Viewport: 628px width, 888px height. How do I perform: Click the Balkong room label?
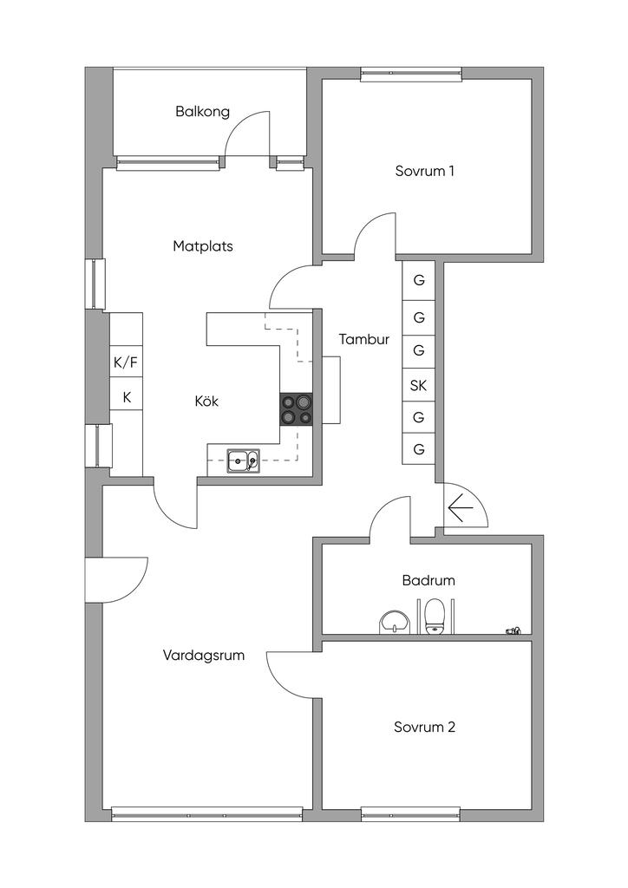pos(202,111)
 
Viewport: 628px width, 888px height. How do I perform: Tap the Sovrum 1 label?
pos(425,171)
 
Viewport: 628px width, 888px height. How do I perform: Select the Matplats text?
pos(203,246)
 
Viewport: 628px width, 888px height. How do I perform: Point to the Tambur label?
pos(363,340)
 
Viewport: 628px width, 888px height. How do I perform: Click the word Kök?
pos(206,402)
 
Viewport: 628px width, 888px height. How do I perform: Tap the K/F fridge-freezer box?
pos(126,362)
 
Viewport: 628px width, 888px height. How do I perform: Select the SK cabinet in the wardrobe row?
pos(419,385)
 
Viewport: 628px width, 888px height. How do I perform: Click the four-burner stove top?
pos(296,409)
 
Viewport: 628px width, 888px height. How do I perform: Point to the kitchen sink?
pos(243,460)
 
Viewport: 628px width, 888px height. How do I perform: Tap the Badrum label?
pos(428,580)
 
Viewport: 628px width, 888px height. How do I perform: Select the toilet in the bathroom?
pos(435,616)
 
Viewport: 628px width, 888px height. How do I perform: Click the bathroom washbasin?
pos(395,622)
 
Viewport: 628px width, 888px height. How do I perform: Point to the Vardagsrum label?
pos(204,656)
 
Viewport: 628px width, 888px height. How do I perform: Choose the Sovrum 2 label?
pos(424,727)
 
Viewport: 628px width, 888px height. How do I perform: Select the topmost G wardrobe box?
pos(419,280)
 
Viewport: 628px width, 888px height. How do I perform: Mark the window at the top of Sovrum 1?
pos(410,75)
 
